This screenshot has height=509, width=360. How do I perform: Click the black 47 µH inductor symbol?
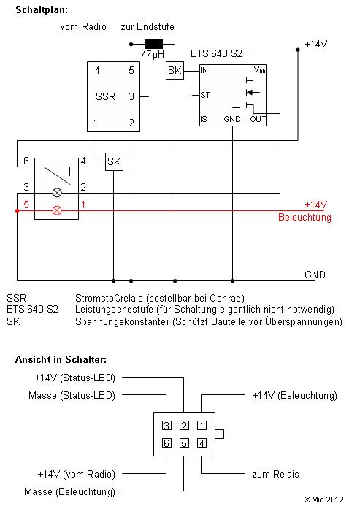coord(153,44)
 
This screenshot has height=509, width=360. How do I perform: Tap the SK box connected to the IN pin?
coord(175,70)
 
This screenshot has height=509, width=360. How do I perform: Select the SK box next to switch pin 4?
coord(114,161)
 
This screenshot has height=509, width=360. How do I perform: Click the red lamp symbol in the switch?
coord(57,210)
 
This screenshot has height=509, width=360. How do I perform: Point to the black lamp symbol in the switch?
coord(57,193)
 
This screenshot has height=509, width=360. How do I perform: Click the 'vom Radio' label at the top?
coord(83,26)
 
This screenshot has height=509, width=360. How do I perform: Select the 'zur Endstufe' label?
coord(148,26)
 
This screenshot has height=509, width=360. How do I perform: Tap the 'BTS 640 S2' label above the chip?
coord(216,53)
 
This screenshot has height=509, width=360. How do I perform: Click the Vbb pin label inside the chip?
coord(259,69)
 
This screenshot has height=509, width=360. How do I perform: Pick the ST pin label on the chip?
coord(205,95)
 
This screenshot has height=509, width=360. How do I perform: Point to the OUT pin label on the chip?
coord(258,119)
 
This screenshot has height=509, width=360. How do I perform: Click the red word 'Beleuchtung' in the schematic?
coord(305,217)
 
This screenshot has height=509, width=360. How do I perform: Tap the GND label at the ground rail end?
coord(315,275)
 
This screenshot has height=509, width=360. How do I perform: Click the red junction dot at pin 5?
coord(18,211)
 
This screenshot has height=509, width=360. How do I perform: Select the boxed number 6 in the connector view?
coord(166,443)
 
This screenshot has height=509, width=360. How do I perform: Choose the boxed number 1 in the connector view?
coord(202,426)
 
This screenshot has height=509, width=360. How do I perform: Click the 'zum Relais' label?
coord(275,474)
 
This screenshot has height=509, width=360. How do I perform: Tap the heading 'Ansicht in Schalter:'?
coord(61,360)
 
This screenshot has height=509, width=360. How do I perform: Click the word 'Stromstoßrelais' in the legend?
coord(110,298)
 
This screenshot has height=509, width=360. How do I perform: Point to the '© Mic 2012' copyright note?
coord(323,500)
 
